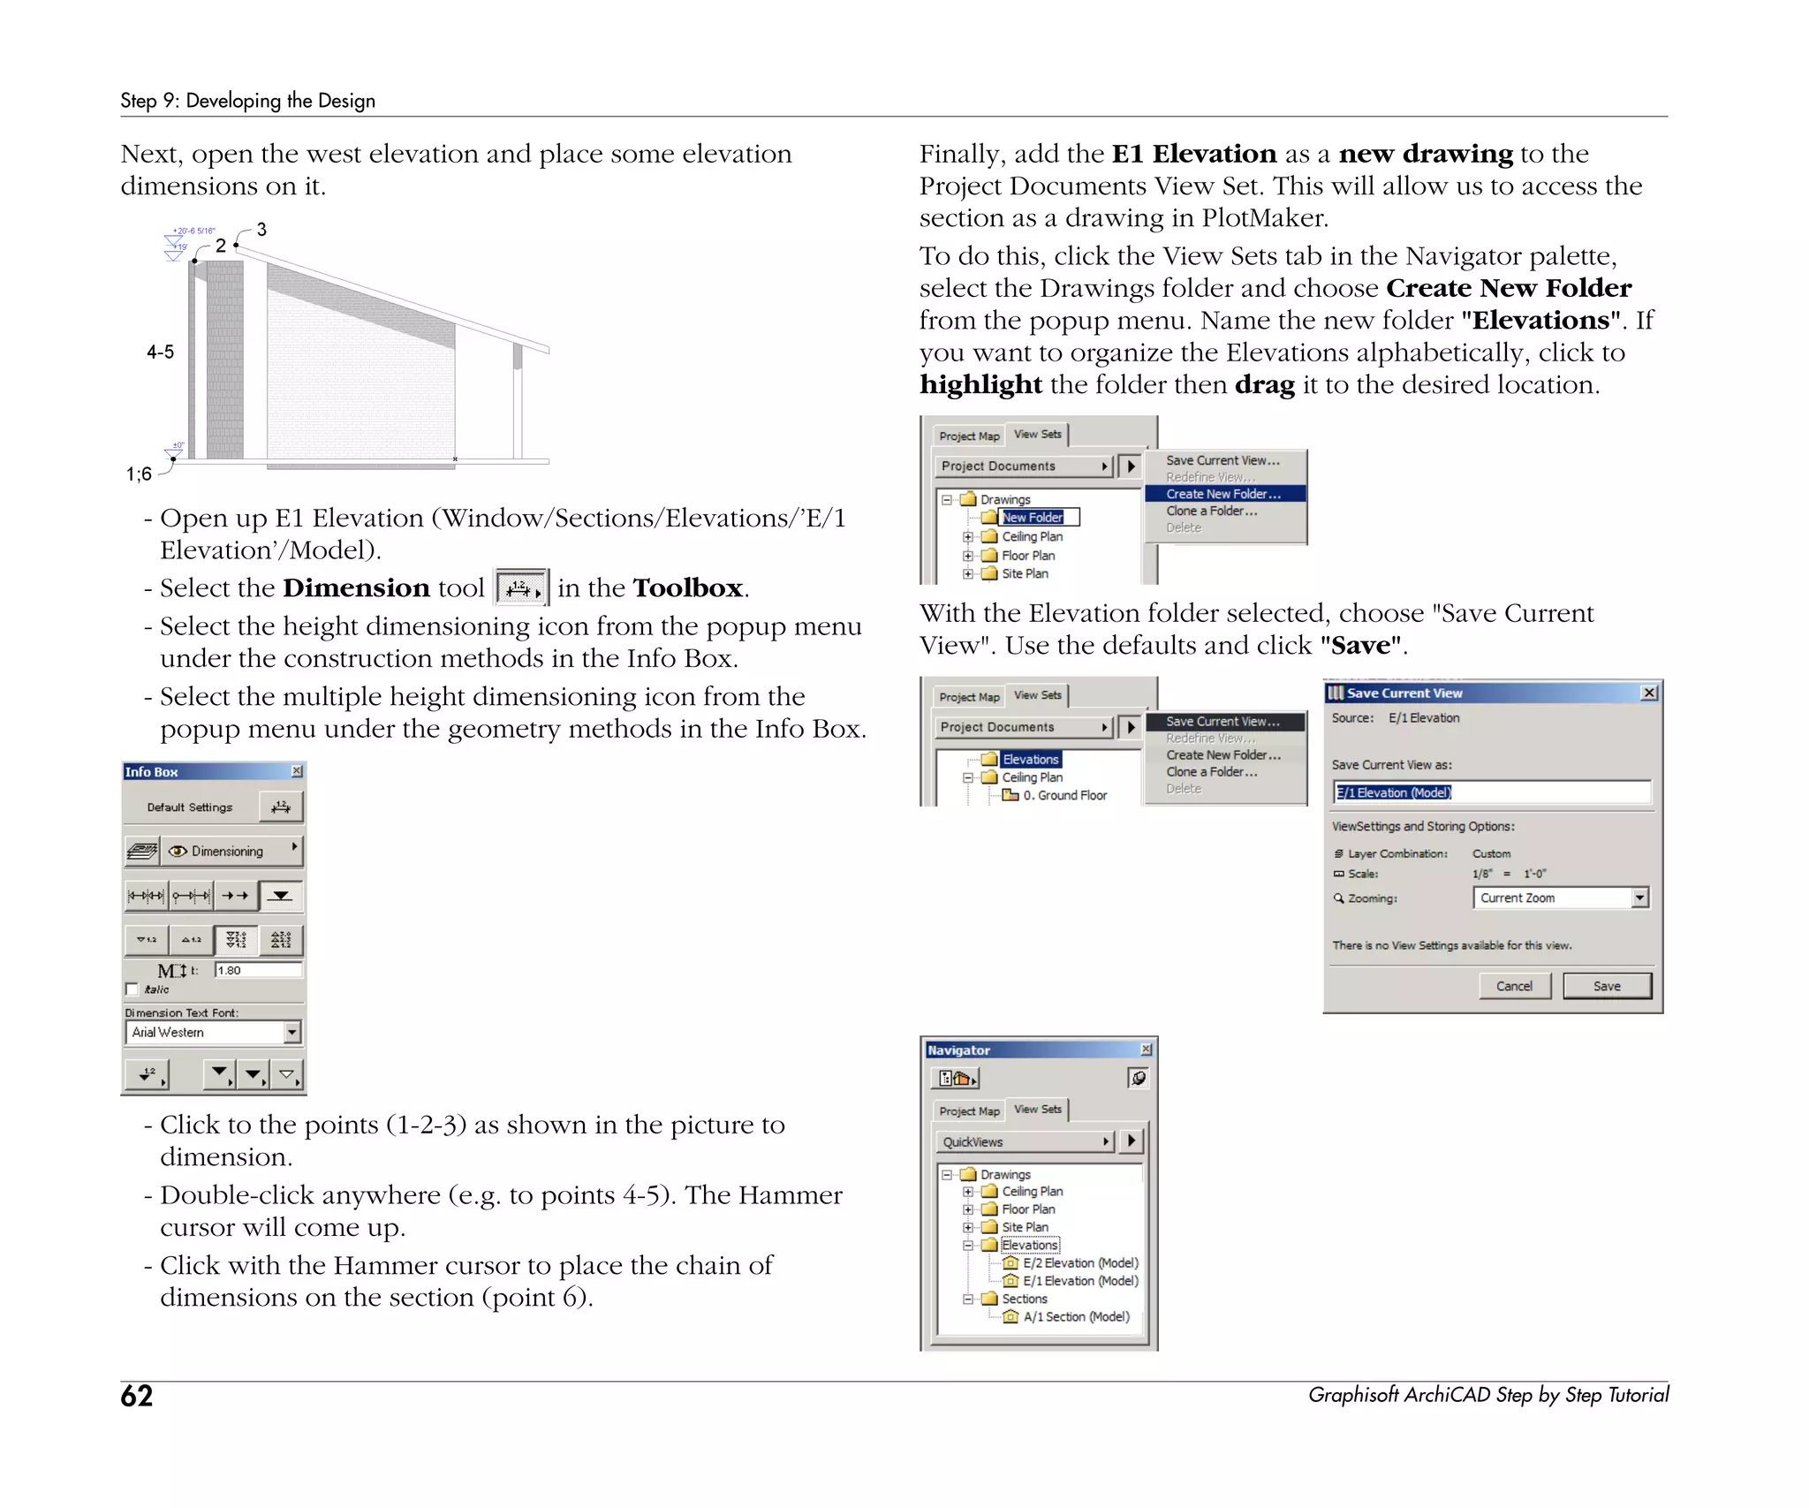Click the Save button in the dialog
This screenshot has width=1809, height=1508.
tap(1606, 986)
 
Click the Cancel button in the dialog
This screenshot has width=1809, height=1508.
tap(1514, 986)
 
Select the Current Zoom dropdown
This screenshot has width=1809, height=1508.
tap(1560, 898)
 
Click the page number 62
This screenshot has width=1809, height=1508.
tap(137, 1396)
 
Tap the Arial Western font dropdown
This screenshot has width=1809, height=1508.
tap(213, 1032)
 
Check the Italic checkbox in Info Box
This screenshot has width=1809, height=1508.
tap(132, 989)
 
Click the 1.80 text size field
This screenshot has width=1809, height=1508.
tap(257, 970)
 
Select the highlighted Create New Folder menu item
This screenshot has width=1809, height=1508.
tap(1223, 494)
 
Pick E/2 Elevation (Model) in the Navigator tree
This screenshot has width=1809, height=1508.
tap(1079, 1263)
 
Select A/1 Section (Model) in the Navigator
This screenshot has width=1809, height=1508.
tap(1075, 1316)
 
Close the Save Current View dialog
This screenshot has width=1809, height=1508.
tap(1648, 693)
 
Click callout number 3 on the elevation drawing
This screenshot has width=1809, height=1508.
tap(261, 230)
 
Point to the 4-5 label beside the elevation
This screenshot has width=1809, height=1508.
tap(160, 352)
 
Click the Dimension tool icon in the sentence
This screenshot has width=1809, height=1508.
tap(522, 587)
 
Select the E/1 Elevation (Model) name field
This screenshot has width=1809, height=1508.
tap(1490, 792)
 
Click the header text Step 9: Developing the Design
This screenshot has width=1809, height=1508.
tap(247, 101)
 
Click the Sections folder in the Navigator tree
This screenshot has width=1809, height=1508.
tap(1024, 1299)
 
